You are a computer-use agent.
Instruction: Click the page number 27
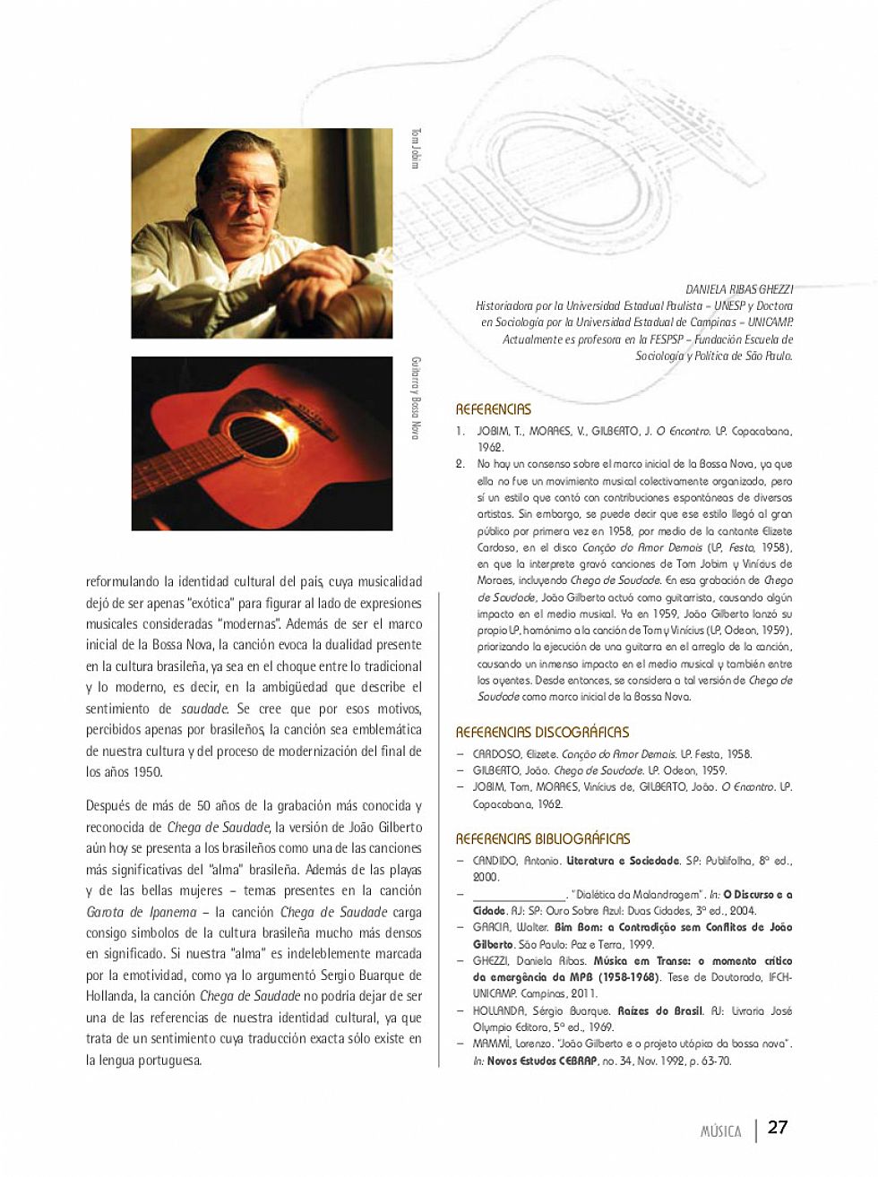tap(778, 1127)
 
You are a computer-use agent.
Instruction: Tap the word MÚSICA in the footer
tap(720, 1131)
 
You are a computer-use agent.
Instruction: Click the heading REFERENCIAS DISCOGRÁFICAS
tap(542, 732)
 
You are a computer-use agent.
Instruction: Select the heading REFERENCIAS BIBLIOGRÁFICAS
tap(543, 838)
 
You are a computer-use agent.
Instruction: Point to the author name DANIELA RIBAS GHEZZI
tap(739, 288)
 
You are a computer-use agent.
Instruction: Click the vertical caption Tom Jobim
tap(415, 148)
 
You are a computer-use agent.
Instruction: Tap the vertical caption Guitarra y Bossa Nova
tap(415, 398)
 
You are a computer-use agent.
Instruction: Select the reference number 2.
tap(460, 464)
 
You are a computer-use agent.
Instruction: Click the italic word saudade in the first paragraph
tap(203, 709)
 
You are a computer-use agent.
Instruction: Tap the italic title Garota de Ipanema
tap(141, 912)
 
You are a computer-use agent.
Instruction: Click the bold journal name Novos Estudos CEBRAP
tap(541, 1061)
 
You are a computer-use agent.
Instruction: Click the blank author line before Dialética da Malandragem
tap(519, 894)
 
